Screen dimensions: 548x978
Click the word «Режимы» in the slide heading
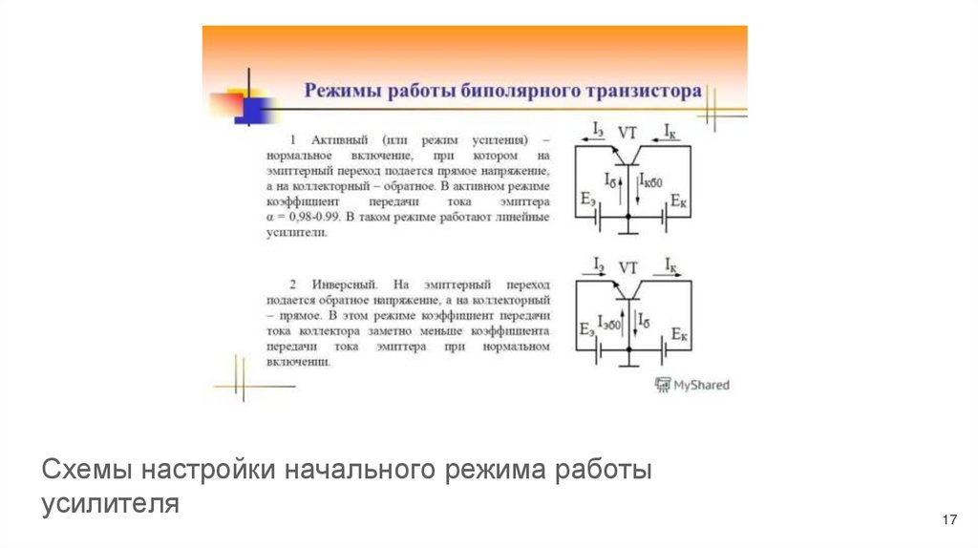[x=339, y=92]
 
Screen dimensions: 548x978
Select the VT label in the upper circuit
[x=627, y=133]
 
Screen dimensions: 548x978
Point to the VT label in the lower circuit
[x=627, y=267]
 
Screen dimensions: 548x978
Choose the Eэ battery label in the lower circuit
[x=587, y=329]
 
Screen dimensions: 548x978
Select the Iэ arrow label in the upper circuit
[x=598, y=128]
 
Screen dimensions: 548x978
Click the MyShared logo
[x=691, y=385]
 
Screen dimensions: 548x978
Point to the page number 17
[x=948, y=519]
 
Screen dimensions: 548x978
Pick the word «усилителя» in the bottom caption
[x=111, y=503]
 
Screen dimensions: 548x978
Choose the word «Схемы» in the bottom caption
[x=87, y=472]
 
